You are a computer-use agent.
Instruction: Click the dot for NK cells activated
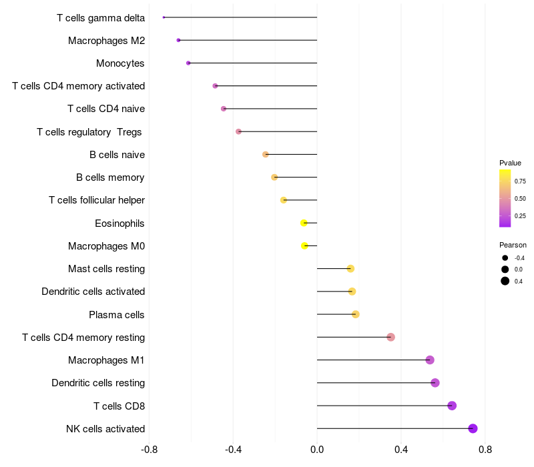pyautogui.click(x=473, y=428)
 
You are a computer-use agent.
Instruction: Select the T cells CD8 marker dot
pyautogui.click(x=452, y=406)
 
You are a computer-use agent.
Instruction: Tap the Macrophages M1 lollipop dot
pyautogui.click(x=430, y=360)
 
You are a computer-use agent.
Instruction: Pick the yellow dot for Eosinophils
pyautogui.click(x=304, y=223)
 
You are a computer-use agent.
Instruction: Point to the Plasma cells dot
pyautogui.click(x=356, y=314)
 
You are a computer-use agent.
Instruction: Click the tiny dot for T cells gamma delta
pyautogui.click(x=164, y=17)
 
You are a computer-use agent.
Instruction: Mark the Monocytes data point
pyautogui.click(x=188, y=63)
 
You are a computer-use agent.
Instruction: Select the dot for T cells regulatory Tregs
pyautogui.click(x=238, y=131)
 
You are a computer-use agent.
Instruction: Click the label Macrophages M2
pyautogui.click(x=106, y=41)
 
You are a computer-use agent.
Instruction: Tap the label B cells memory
pyautogui.click(x=110, y=177)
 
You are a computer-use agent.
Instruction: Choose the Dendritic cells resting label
pyautogui.click(x=98, y=383)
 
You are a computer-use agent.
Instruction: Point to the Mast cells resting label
pyautogui.click(x=106, y=269)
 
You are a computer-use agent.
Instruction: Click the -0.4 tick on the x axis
pyautogui.click(x=234, y=449)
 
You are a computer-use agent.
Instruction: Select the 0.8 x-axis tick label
pyautogui.click(x=485, y=449)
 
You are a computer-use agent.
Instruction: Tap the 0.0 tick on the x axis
pyautogui.click(x=317, y=449)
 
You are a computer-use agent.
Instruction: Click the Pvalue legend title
pyautogui.click(x=510, y=163)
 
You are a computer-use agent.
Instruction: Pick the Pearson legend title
pyautogui.click(x=513, y=245)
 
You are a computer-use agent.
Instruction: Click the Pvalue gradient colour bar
pyautogui.click(x=505, y=198)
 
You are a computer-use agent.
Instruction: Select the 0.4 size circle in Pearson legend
pyautogui.click(x=505, y=281)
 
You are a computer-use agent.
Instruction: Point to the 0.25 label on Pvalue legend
pyautogui.click(x=520, y=215)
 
